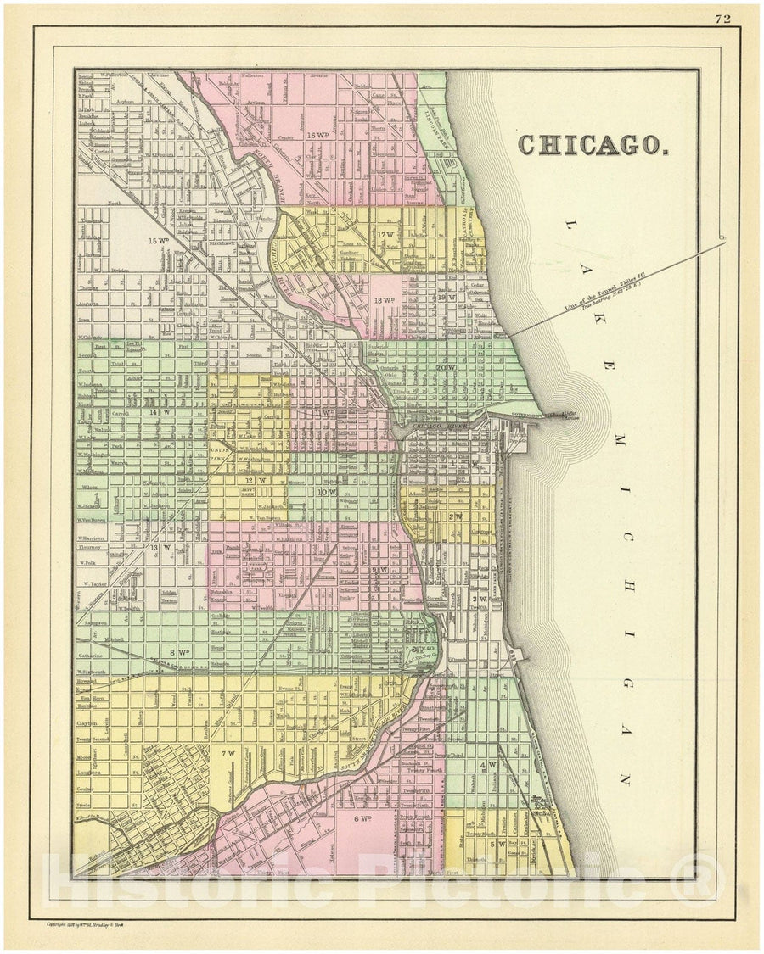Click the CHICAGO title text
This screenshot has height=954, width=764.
coord(592,145)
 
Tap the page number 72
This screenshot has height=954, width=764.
coord(724,17)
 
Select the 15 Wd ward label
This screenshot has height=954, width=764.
coord(157,240)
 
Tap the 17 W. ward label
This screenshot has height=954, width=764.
coord(387,234)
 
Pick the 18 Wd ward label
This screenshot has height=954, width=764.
coord(384,300)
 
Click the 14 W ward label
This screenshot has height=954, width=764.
coord(153,413)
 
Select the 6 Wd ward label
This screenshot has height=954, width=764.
coord(362,818)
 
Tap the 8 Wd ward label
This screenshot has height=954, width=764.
coord(178,651)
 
